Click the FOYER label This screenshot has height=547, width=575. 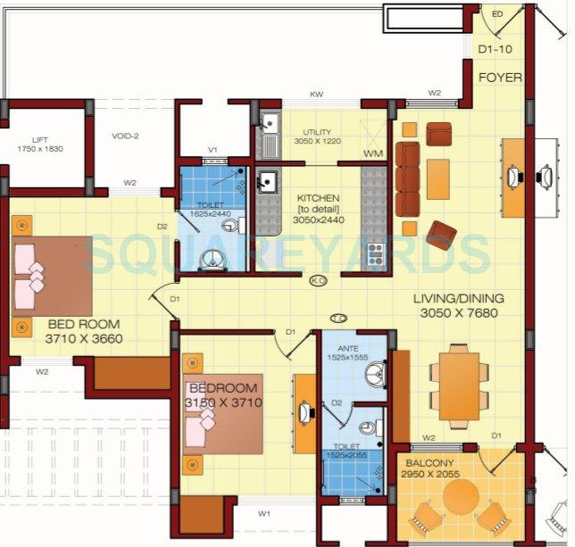click(x=500, y=78)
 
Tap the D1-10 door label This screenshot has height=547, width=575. click(x=495, y=49)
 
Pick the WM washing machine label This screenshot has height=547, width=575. click(x=372, y=154)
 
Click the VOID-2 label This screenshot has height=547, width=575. click(x=126, y=136)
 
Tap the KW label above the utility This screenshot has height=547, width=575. click(x=316, y=94)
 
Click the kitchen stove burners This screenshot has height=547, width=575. click(x=376, y=250)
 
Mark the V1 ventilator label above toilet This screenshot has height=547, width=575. click(x=213, y=149)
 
